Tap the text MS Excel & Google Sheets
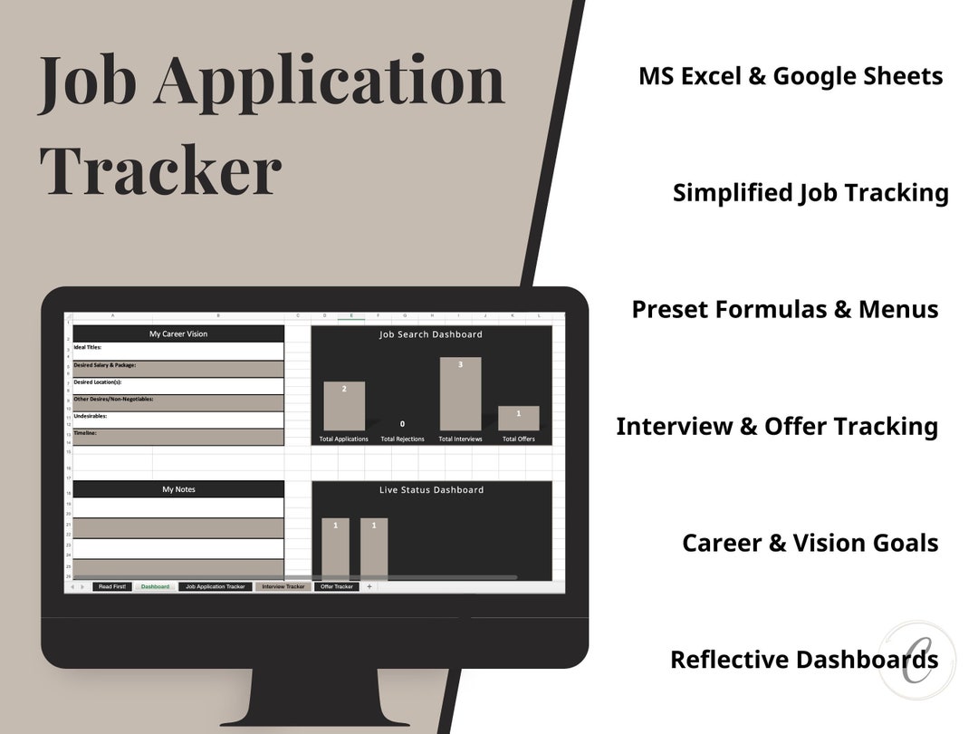pos(791,76)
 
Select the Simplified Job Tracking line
pos(810,193)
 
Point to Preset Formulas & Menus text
pos(785,309)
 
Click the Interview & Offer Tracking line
pos(777,426)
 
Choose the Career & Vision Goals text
pos(810,543)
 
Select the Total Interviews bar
pos(460,394)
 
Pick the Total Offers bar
pos(519,418)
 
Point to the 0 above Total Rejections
pos(402,424)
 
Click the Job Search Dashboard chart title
pos(431,334)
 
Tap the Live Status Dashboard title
pos(431,490)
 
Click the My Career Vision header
pos(178,333)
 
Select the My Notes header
pos(178,489)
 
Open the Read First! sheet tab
pos(112,587)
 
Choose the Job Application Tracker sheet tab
pos(216,587)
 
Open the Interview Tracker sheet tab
pos(283,587)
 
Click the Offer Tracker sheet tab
pos(337,587)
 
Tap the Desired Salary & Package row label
pos(105,365)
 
